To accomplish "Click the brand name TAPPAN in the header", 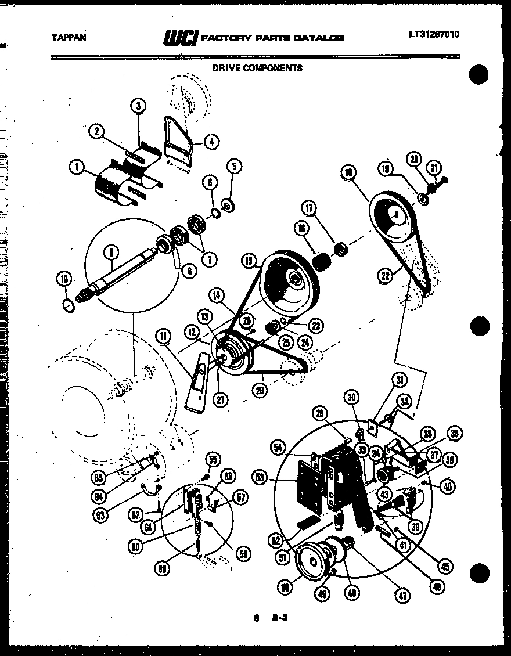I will pos(69,37).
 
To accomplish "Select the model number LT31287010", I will pos(434,34).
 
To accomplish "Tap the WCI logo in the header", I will pos(181,38).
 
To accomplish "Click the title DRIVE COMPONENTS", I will pos(257,67).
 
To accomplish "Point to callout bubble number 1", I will pos(76,168).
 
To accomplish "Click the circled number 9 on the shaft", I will pos(111,251).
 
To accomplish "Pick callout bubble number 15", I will pos(250,262).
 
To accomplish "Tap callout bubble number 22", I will pos(384,277).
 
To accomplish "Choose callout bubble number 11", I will pos(164,335).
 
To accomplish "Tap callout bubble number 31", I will pos(399,381).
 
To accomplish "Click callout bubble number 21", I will pos(434,168).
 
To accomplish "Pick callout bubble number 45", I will pos(445,567).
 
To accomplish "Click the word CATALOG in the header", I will pos(319,38).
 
